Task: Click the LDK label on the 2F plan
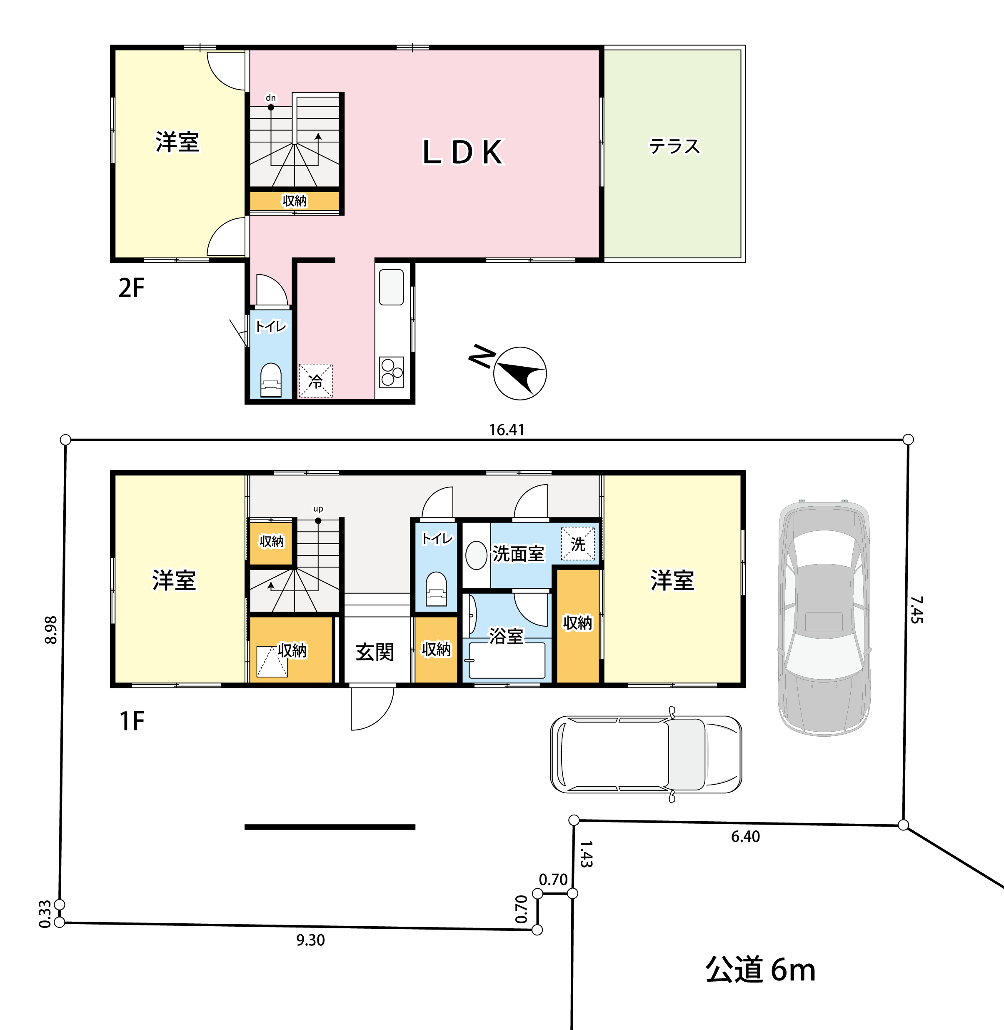point(463,152)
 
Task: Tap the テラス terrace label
point(674,146)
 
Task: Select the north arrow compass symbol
point(519,373)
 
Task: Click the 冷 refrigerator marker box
point(315,381)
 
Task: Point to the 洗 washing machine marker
point(577,544)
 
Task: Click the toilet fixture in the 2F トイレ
point(271,380)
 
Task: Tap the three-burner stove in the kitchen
point(392,372)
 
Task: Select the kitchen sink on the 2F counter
point(391,287)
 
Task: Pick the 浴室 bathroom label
point(506,636)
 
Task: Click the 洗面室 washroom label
point(518,554)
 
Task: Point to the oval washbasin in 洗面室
point(476,556)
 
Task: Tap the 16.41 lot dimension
point(506,430)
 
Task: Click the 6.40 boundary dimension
point(745,836)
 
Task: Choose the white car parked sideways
point(646,755)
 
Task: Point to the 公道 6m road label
point(760,969)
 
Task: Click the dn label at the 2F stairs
point(270,97)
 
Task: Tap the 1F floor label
point(132,721)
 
